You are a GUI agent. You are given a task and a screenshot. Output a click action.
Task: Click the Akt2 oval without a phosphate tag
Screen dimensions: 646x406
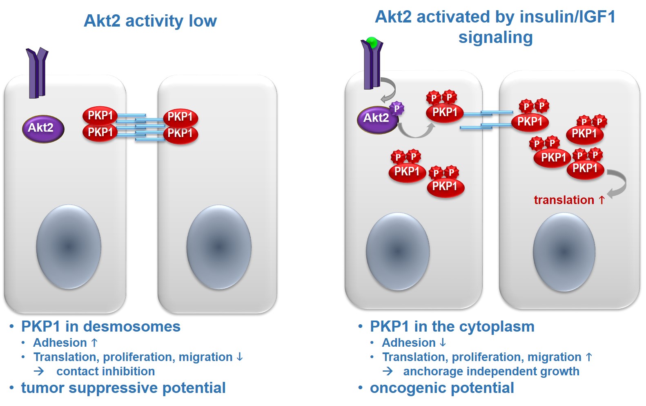coord(43,128)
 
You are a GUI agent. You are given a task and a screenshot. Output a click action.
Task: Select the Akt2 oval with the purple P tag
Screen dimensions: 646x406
coord(378,120)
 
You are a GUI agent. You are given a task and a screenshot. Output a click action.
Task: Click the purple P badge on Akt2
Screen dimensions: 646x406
coord(397,109)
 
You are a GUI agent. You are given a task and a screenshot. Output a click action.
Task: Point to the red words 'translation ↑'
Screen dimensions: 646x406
coord(569,200)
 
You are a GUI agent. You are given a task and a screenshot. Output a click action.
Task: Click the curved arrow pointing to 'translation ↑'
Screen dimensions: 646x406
coord(619,183)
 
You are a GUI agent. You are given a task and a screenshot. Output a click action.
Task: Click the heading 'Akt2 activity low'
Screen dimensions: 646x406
coord(150,21)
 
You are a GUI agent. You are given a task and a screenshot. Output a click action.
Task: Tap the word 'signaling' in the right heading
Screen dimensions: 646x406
coord(495,38)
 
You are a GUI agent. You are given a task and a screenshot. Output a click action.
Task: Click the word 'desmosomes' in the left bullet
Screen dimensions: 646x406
coord(131,327)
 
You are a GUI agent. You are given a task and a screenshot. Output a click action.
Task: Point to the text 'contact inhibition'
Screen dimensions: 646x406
coord(105,371)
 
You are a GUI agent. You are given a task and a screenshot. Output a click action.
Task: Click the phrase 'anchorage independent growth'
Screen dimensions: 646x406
coord(491,372)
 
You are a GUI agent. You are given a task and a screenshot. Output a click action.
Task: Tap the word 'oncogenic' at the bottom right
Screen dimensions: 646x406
coord(408,388)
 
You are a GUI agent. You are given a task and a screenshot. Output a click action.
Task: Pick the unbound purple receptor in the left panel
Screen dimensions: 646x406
coord(37,73)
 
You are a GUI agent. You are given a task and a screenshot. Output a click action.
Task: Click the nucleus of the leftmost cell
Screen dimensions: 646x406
coord(69,247)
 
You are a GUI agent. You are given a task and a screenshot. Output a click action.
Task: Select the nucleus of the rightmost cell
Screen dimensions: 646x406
coord(564,252)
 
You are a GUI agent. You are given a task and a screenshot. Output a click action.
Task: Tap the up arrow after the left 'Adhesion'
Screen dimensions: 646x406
coord(94,343)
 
